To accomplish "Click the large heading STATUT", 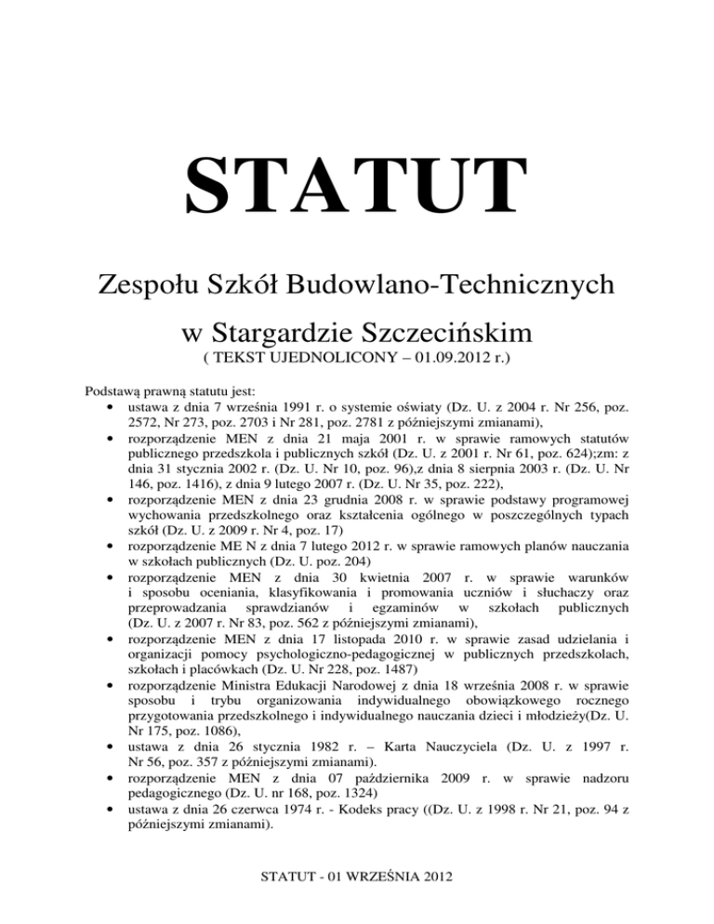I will (x=356, y=197).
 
